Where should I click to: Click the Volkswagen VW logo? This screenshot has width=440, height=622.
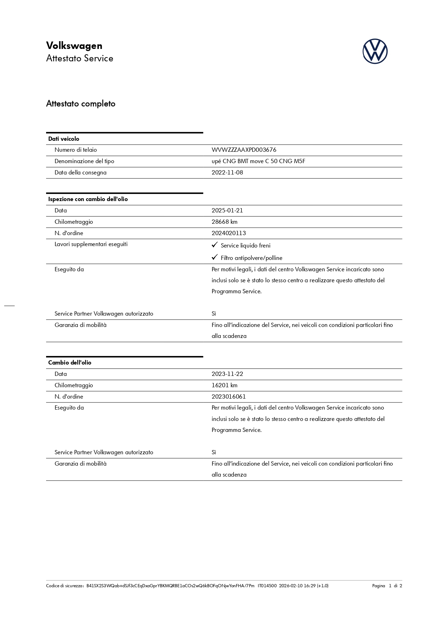coord(375,51)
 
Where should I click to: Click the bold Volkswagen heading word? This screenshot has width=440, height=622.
coord(74,46)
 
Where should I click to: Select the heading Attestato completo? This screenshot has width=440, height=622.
coord(81,104)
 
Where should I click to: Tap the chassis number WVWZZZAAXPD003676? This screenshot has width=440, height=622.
coord(244,150)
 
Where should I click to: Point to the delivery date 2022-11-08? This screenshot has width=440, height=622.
coord(227,173)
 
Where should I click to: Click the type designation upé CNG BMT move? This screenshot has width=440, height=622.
coord(258,161)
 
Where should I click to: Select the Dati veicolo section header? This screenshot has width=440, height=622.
coord(64,139)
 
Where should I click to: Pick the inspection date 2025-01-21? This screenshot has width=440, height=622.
coord(227,211)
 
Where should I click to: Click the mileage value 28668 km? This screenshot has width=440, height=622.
coord(224,222)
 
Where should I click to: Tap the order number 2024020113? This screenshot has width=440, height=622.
coord(229,233)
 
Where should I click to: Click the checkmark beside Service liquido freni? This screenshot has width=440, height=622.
coord(215,245)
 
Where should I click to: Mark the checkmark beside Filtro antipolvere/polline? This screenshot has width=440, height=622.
coord(215,257)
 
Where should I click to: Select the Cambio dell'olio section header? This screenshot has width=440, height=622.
coord(70,363)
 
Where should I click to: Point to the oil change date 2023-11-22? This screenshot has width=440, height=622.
coord(227,374)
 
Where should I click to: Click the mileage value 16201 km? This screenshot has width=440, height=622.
coord(224,385)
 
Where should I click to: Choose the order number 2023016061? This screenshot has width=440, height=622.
coord(229,397)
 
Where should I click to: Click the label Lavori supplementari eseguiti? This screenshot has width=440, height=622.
coord(91,244)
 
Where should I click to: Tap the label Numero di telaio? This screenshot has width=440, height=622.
coord(76,150)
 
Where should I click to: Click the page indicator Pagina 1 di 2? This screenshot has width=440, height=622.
coord(387,586)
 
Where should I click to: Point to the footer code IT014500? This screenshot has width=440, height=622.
coord(267,586)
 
